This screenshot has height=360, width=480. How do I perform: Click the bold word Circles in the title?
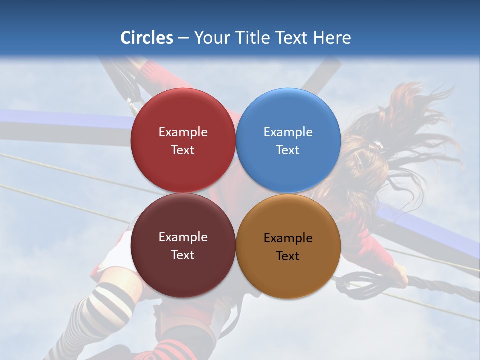[147, 38]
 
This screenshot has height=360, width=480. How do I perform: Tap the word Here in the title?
[332, 38]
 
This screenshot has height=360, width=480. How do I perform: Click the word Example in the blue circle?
[288, 132]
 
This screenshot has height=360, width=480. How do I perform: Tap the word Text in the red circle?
[183, 150]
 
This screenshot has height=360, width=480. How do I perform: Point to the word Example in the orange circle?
[288, 238]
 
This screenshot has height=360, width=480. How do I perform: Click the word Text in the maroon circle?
[183, 255]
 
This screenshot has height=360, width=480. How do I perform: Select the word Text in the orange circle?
[288, 256]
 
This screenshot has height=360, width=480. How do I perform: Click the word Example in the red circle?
[183, 132]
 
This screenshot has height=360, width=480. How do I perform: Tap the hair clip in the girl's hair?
[376, 145]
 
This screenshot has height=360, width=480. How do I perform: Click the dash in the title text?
[183, 38]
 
